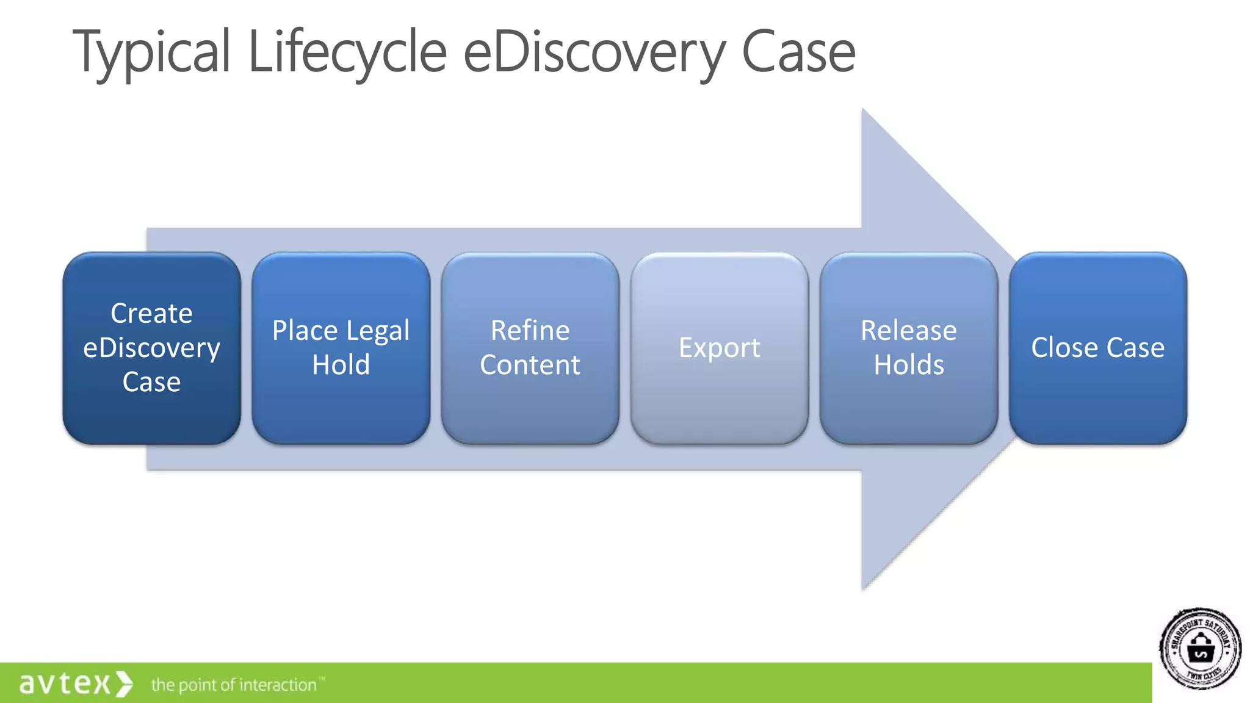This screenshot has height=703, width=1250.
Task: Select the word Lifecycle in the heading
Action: point(347,54)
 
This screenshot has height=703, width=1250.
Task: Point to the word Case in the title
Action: point(798,54)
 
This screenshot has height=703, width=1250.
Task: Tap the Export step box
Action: point(719,348)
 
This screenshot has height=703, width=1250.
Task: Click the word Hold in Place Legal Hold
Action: point(341,365)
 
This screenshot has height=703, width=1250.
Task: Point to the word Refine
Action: point(530,331)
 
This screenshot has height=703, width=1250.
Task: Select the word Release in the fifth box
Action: point(908,331)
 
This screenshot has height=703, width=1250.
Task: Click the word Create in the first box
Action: point(151,314)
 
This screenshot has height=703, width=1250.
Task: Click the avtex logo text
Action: point(65,683)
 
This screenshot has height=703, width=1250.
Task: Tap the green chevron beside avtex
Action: point(124,683)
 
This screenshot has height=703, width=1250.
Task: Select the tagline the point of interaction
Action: point(234,685)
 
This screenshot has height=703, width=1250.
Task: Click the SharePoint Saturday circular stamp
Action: point(1200,649)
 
